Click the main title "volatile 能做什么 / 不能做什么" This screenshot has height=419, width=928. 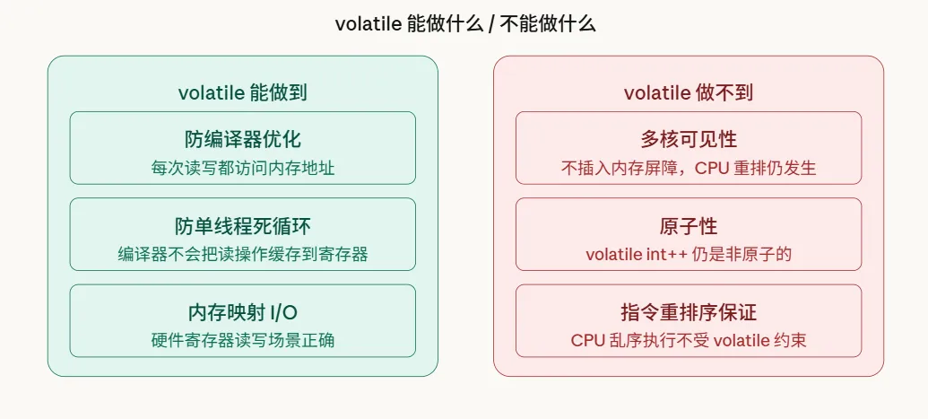[x=464, y=24]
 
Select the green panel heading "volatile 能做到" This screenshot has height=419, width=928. [x=242, y=92]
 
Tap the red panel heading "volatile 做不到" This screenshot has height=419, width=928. [x=688, y=92]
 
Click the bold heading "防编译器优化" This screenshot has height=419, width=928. [x=242, y=139]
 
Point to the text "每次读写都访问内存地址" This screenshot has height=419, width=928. [x=242, y=168]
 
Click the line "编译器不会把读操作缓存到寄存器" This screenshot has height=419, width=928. [x=242, y=254]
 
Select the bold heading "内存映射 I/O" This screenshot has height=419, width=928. [x=242, y=312]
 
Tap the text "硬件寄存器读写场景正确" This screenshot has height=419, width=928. [x=242, y=341]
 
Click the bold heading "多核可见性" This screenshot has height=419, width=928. [x=688, y=139]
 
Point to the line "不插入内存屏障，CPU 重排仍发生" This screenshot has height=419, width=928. [x=688, y=168]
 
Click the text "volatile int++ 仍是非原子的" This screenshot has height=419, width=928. [x=688, y=254]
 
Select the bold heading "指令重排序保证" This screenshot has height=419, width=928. [x=688, y=312]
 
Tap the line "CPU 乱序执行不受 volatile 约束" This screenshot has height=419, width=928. [x=688, y=341]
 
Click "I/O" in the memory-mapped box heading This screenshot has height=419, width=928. [x=283, y=312]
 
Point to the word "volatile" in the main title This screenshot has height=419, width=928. [x=367, y=24]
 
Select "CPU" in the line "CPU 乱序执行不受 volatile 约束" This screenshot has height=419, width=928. [x=587, y=341]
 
